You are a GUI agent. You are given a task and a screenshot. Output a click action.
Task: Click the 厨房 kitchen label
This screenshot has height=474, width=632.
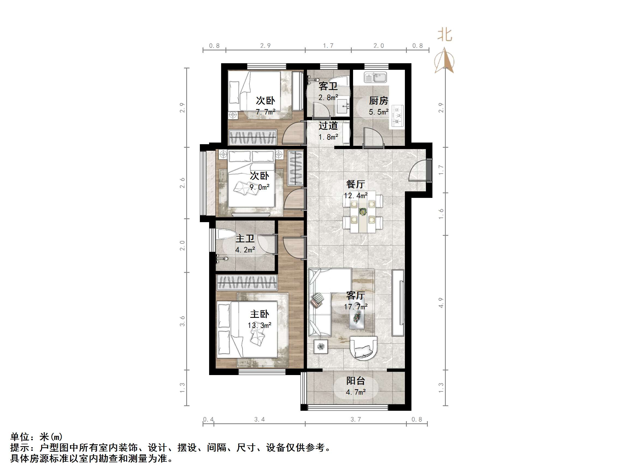[378, 101]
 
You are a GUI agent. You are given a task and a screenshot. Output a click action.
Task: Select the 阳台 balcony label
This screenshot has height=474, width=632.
[356, 381]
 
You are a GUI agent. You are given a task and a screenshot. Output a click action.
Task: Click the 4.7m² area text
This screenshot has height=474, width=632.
[356, 392]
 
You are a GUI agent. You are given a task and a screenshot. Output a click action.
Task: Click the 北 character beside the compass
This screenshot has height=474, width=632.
[445, 35]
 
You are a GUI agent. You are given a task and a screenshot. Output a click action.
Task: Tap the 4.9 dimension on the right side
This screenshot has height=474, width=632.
[441, 303]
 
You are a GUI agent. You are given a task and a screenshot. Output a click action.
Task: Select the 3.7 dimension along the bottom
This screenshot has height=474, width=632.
[356, 419]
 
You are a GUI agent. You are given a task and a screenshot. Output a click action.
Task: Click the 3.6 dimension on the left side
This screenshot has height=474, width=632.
[182, 321]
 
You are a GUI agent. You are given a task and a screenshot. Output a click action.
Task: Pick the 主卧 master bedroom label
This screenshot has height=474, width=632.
[260, 314]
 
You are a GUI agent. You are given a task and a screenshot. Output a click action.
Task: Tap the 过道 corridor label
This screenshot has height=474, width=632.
[328, 126]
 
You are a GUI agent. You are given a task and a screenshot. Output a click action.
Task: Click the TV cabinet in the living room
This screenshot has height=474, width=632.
[398, 303]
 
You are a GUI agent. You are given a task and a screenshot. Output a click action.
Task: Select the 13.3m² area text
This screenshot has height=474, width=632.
[260, 325]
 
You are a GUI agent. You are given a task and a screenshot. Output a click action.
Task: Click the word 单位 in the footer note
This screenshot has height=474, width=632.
[20, 437]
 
